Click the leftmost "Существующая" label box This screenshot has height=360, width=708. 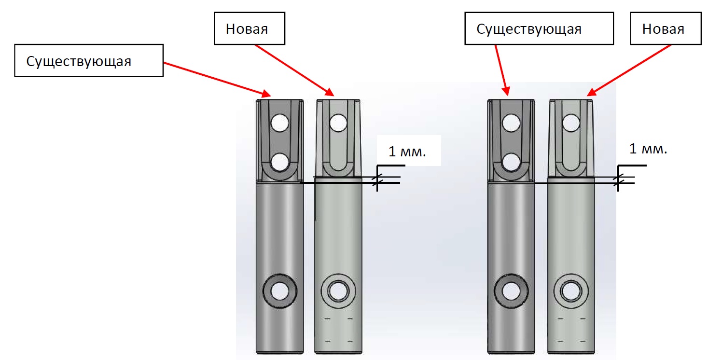coord(89,60)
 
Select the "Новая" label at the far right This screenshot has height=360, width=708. coord(666,28)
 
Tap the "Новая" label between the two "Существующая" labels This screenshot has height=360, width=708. coord(250,28)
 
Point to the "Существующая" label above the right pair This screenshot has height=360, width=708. coord(539,28)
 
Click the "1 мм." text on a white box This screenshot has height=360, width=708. coord(407,152)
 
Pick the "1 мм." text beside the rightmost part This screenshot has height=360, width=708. coord(648,149)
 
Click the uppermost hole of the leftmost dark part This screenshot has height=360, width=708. coord(280,123)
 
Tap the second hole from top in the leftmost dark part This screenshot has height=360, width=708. coord(280,162)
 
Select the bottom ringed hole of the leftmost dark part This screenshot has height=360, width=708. coord(280,291)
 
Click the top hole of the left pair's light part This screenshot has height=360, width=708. coord(338,123)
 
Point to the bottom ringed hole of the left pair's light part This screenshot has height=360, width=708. coord(338,291)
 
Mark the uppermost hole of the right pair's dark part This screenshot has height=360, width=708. coord(511,123)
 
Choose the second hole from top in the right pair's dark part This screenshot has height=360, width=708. coord(511,162)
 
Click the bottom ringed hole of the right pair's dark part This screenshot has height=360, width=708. coord(511,291)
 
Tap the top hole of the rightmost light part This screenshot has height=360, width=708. coord(571,123)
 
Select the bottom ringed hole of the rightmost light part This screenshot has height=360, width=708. coord(571,291)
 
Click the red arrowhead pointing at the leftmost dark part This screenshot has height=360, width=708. coord(266,93)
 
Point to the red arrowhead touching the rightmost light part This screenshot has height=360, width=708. coord(591,92)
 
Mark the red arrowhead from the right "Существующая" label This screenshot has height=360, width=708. coord(506,91)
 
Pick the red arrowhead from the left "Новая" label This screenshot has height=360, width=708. coord(329,92)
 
